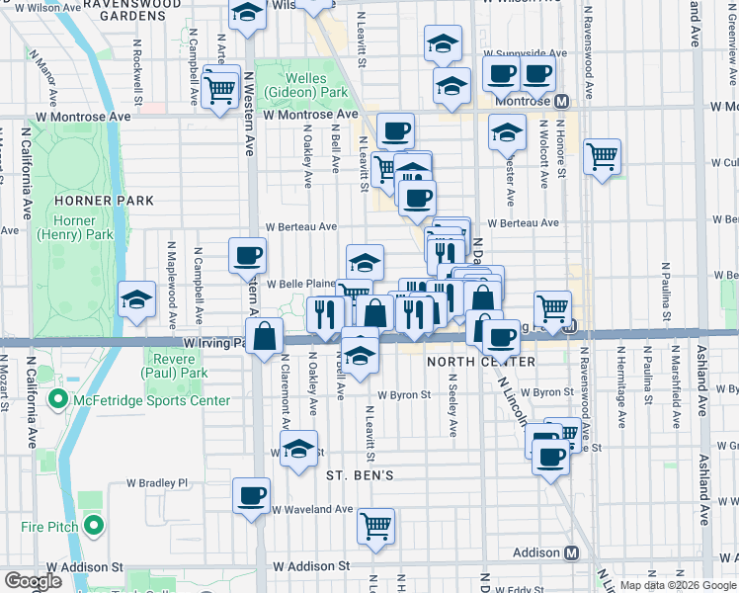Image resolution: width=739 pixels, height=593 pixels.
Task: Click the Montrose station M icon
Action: pyautogui.click(x=561, y=101)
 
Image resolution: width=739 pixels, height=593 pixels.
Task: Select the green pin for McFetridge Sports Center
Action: pyautogui.click(x=57, y=400)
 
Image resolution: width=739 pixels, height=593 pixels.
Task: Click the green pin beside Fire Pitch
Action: pyautogui.click(x=94, y=527)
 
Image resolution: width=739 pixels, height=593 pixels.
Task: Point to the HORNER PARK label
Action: pyautogui.click(x=119, y=201)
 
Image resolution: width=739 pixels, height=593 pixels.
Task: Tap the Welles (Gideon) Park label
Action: pyautogui.click(x=316, y=85)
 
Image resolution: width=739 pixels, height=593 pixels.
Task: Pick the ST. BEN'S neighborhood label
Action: pyautogui.click(x=361, y=475)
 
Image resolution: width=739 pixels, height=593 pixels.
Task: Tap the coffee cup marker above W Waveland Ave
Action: pyautogui.click(x=252, y=495)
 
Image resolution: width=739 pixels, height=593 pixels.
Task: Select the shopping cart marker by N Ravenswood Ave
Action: pyautogui.click(x=601, y=155)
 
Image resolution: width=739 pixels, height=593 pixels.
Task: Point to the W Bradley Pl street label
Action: pyautogui.click(x=156, y=483)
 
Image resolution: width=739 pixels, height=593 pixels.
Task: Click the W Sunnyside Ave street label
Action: pyautogui.click(x=526, y=53)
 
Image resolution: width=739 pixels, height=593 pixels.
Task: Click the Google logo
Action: pyautogui.click(x=33, y=582)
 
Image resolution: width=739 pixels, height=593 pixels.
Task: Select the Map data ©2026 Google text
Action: pyautogui.click(x=677, y=585)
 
